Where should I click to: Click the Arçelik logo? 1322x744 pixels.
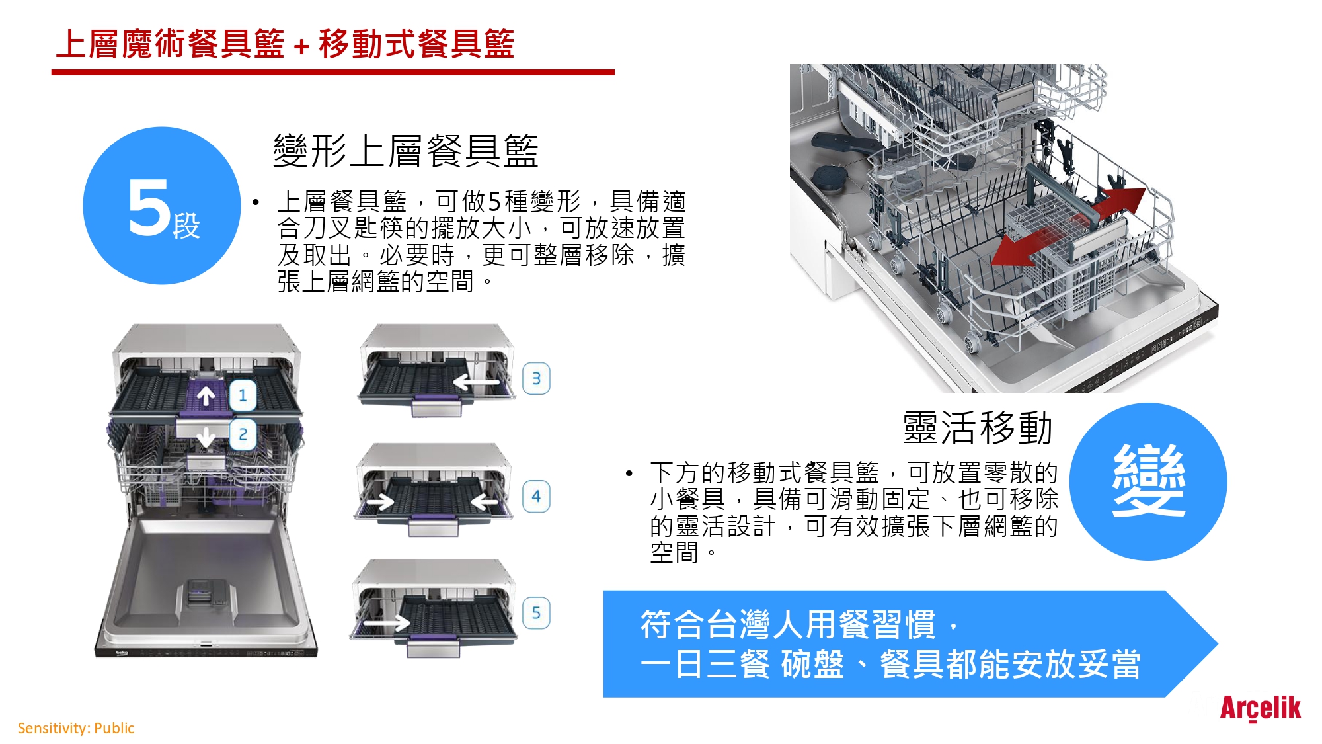[x=1260, y=708]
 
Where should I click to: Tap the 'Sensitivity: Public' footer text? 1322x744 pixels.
[x=76, y=728]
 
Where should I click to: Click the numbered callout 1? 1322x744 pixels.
[x=243, y=395]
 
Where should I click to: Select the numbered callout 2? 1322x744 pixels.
[x=243, y=434]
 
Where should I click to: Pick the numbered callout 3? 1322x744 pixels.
[x=536, y=379]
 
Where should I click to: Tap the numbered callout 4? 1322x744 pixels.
[x=536, y=496]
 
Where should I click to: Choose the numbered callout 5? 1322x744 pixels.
[x=536, y=613]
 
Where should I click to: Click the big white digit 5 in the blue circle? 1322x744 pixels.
[x=149, y=208]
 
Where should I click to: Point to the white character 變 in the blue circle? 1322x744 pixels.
[x=1149, y=481]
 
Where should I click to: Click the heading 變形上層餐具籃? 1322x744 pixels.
[x=406, y=151]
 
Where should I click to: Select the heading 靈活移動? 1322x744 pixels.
[x=978, y=428]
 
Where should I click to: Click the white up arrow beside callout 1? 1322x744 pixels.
[x=206, y=395]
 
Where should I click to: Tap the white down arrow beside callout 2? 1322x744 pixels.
[x=206, y=436]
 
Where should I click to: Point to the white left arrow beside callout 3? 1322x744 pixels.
[x=475, y=382]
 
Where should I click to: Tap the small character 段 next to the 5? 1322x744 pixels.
[x=186, y=226]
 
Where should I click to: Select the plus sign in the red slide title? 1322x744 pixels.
[x=301, y=46]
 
